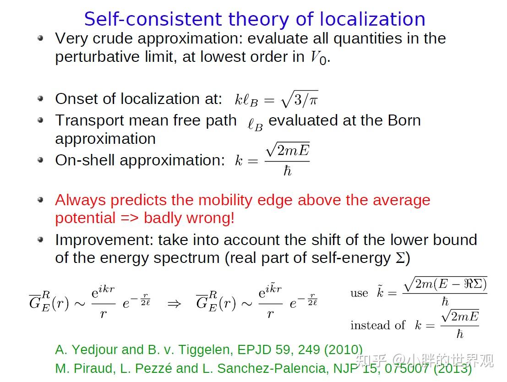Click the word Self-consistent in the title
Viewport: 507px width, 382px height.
(x=154, y=19)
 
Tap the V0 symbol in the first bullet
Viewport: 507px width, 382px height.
(x=318, y=58)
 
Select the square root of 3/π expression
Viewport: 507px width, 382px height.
(x=300, y=99)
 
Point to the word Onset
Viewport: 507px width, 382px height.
(x=76, y=99)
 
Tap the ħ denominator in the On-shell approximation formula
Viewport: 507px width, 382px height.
(x=288, y=170)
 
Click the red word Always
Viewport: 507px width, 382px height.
(x=80, y=200)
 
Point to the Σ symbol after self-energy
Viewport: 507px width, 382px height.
(x=400, y=258)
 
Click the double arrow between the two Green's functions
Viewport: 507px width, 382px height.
(x=174, y=304)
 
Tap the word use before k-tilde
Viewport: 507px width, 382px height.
(x=359, y=293)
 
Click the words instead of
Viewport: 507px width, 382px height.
(x=378, y=325)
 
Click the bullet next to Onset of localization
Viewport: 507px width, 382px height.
(x=40, y=98)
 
